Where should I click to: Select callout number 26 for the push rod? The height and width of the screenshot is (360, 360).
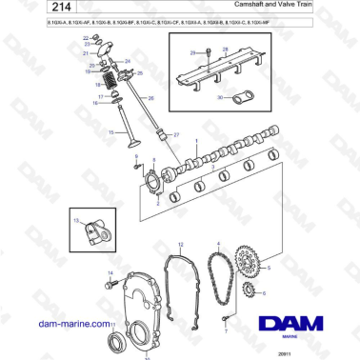click(150, 97)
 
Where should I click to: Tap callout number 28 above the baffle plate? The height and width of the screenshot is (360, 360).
click(227, 48)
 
